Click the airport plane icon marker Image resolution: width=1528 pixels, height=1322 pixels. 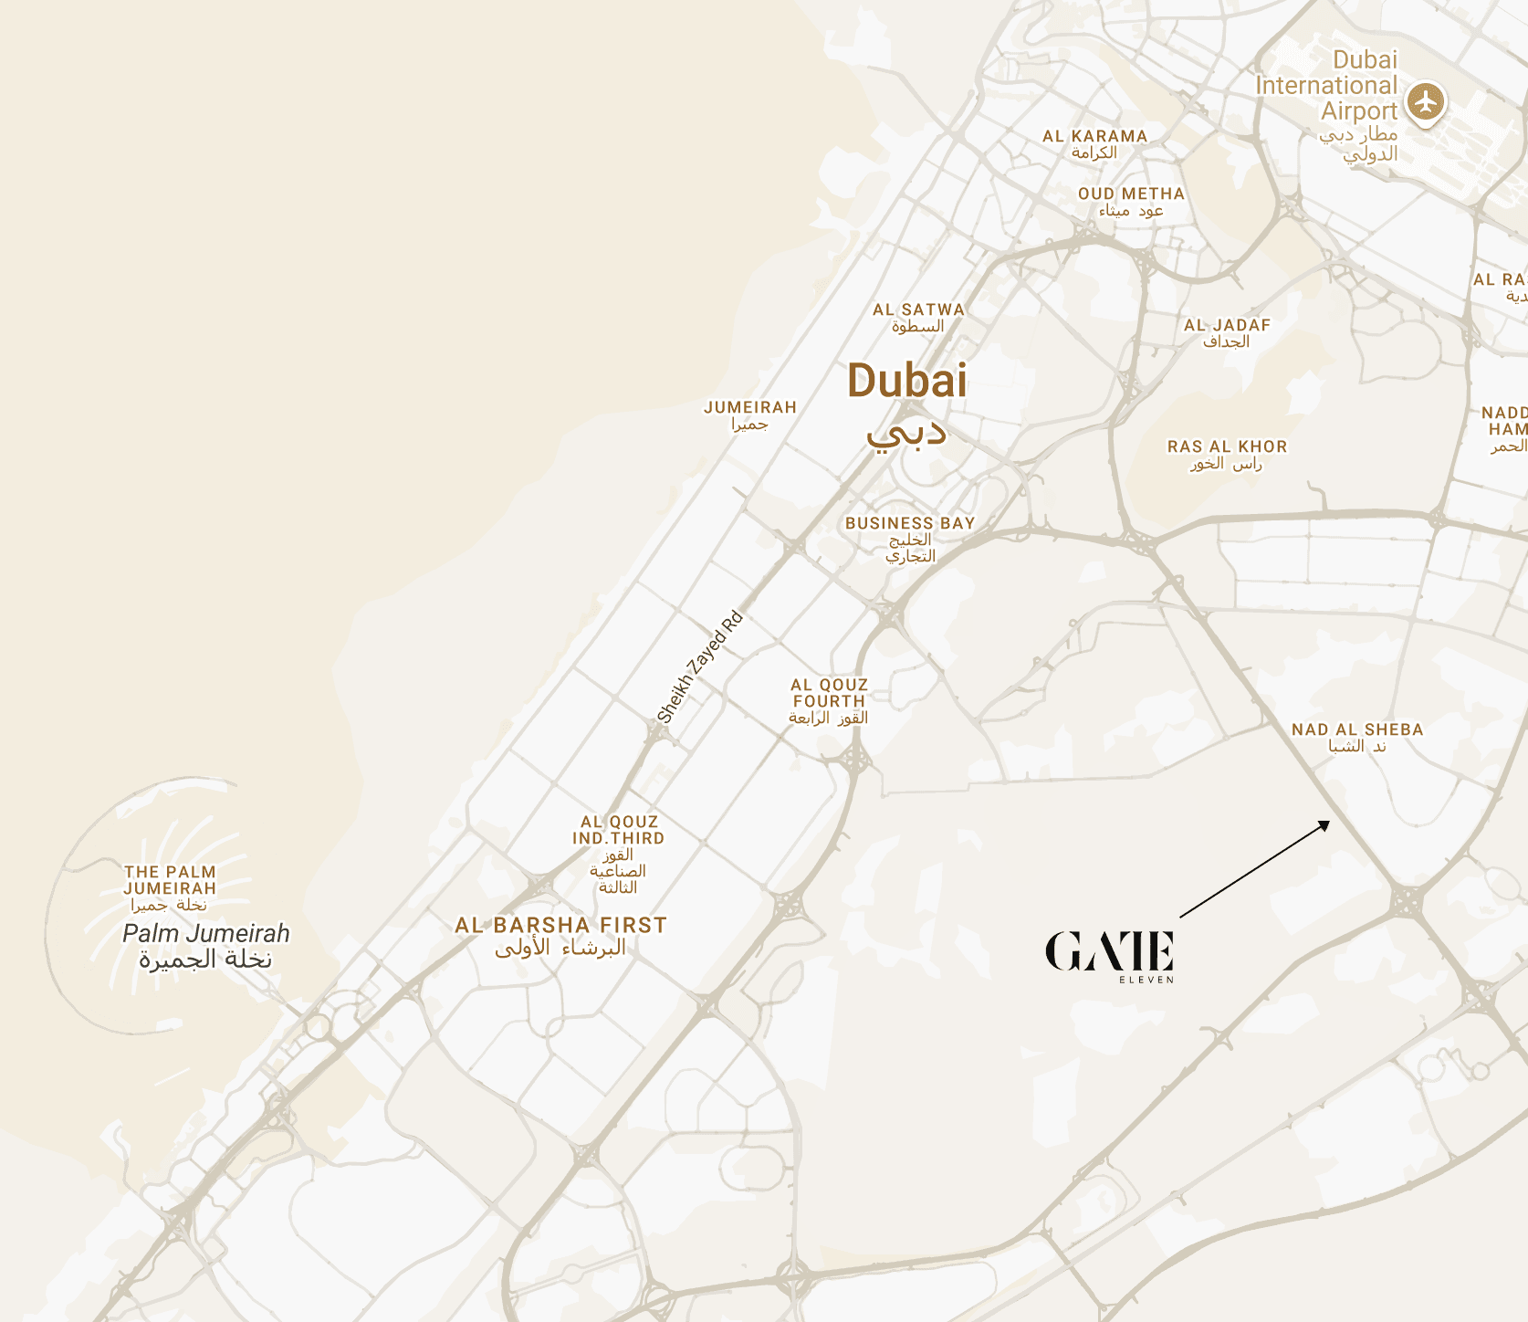pyautogui.click(x=1425, y=100)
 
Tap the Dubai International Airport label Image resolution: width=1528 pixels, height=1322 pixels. pyautogui.click(x=1327, y=86)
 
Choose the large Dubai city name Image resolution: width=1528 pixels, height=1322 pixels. pyautogui.click(x=906, y=381)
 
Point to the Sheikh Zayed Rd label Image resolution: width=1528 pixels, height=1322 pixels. pyautogui.click(x=700, y=667)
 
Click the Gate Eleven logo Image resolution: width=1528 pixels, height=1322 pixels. pyautogui.click(x=1109, y=951)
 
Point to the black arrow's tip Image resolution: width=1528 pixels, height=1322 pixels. pyautogui.click(x=1329, y=822)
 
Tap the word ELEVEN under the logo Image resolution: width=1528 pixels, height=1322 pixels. pyautogui.click(x=1146, y=981)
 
